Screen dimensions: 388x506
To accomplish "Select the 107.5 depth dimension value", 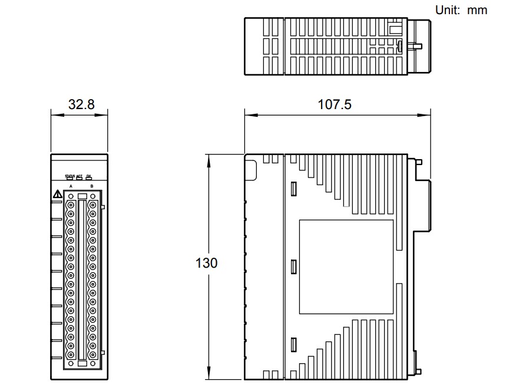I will click(x=335, y=104).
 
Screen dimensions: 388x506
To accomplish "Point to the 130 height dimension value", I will click(x=206, y=263).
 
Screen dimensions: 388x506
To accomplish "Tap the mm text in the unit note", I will click(x=478, y=10).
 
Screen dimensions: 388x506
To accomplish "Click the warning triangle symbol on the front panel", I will click(x=57, y=194).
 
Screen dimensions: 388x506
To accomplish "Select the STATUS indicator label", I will click(x=70, y=176).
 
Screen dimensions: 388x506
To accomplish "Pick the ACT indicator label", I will click(x=80, y=176).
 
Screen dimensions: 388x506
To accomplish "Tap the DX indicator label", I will click(x=89, y=176).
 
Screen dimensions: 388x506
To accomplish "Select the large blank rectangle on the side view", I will click(x=346, y=267).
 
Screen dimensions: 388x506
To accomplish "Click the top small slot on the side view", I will click(x=293, y=189).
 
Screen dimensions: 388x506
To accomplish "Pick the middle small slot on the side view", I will click(x=293, y=267).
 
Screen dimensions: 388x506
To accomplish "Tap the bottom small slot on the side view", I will click(x=293, y=345).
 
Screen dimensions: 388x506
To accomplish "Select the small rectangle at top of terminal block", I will click(x=82, y=196).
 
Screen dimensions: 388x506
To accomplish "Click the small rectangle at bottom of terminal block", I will click(x=82, y=364).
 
